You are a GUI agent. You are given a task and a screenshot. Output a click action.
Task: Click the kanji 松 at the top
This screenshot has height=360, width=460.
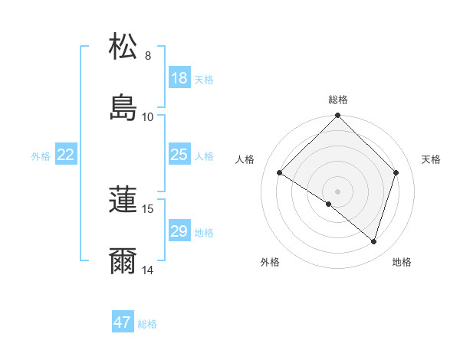coord(123,47)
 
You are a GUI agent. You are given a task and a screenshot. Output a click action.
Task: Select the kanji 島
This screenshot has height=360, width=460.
coord(123,108)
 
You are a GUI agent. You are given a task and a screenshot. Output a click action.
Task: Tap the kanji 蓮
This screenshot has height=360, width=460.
coord(123,201)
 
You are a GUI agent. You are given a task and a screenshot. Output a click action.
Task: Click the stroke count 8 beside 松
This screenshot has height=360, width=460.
coord(147,56)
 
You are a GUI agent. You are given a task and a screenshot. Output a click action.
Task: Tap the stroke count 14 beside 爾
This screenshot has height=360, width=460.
coord(147,270)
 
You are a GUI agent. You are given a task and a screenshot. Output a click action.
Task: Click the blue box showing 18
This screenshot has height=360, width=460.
coord(179,78)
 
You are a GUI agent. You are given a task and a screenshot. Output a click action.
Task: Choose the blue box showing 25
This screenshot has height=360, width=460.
coord(179,155)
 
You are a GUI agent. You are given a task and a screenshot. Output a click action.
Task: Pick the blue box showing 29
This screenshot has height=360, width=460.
coord(179,231)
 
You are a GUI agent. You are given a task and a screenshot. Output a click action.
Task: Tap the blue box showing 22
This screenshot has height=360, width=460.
coord(66,155)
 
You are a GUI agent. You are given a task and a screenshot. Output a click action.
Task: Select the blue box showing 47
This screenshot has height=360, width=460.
coord(123,322)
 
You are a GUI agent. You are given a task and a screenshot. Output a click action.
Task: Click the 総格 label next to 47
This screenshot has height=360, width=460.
coord(147,324)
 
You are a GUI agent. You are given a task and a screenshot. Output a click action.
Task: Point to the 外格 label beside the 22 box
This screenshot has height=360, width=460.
coord(41,156)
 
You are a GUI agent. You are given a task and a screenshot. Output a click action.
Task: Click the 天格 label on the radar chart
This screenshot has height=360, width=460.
coord(432,159)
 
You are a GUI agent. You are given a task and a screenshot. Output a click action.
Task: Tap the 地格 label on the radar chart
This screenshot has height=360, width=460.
coord(402,262)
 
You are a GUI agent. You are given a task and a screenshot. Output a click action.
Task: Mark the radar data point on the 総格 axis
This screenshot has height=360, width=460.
coord(337,116)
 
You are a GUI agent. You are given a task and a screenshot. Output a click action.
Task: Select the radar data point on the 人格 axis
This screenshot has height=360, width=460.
coord(280,173)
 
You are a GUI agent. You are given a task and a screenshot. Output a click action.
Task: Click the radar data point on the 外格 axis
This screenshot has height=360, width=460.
coord(329,204)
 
